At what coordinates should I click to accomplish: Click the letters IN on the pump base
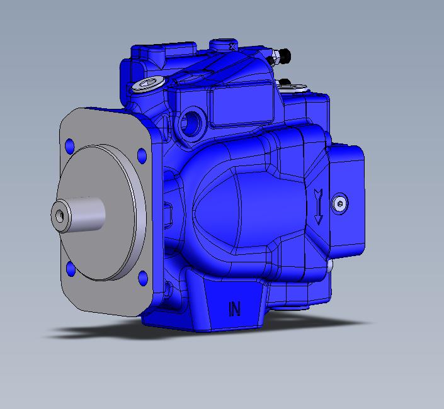pos(234,309)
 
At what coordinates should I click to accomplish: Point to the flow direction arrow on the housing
pos(319,207)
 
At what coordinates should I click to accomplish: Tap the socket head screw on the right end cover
pos(340,203)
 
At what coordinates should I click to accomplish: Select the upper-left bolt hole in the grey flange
pos(70,146)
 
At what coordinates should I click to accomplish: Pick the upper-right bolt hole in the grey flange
pos(142,155)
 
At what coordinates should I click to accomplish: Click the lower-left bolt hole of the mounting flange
pos(71,269)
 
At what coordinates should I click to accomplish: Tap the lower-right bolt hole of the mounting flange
pos(143,277)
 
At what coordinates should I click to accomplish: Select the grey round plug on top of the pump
pos(147,84)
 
